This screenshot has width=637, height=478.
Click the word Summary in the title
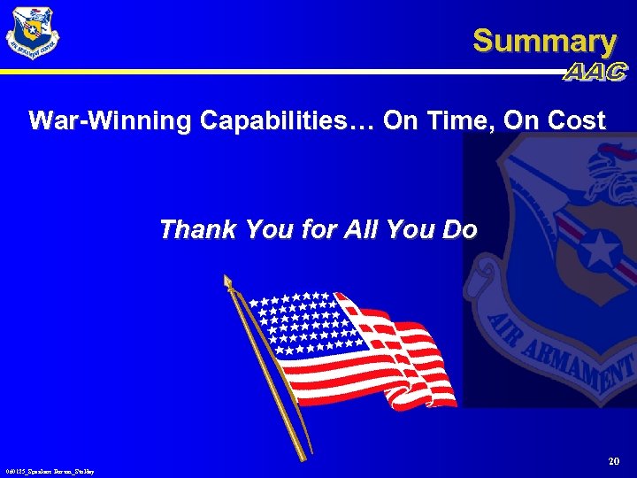[x=544, y=41]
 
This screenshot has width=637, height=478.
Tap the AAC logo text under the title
[x=595, y=73]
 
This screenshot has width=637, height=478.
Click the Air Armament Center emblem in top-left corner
[x=33, y=33]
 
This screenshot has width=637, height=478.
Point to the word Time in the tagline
[x=459, y=120]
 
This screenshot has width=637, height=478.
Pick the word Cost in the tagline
[x=576, y=120]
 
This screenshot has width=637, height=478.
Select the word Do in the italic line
[x=459, y=230]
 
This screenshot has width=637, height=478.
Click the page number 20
[x=614, y=461]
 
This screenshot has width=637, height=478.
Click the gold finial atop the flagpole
[x=228, y=282]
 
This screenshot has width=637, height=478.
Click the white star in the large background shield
[x=601, y=251]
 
